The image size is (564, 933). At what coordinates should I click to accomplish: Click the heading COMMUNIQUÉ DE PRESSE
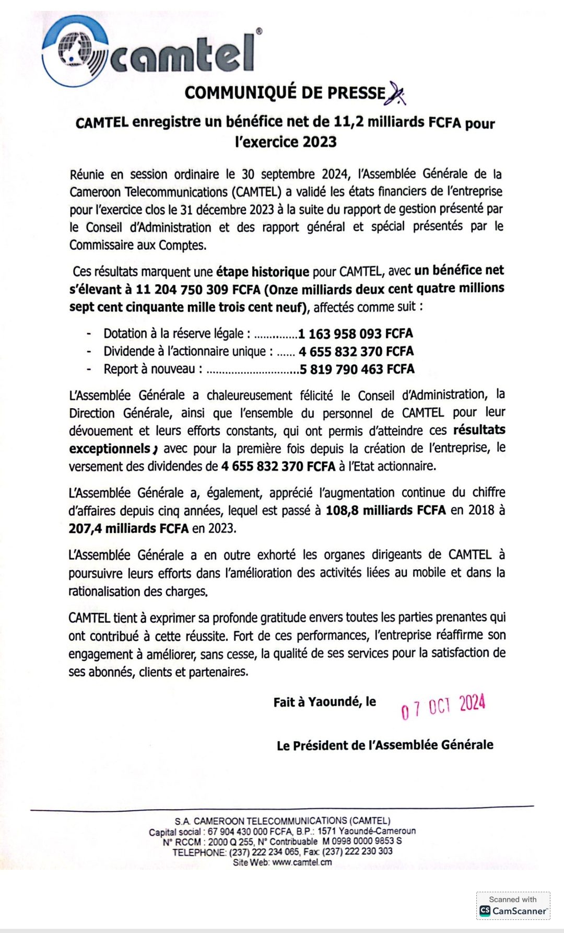[285, 93]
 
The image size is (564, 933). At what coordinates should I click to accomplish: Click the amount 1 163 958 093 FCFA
[356, 333]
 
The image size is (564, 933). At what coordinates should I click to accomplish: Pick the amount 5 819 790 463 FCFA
[357, 370]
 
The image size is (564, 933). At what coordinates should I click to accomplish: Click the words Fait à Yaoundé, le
[324, 702]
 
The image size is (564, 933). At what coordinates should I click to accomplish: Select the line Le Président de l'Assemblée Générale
[385, 745]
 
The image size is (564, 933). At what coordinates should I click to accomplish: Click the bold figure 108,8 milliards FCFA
[385, 510]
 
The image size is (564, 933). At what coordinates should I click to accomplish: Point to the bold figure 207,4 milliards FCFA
[128, 528]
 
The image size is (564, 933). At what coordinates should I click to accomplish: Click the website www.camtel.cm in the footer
[302, 862]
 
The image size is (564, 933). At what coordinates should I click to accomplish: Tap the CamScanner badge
[513, 906]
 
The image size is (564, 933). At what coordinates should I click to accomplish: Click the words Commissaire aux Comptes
[138, 245]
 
